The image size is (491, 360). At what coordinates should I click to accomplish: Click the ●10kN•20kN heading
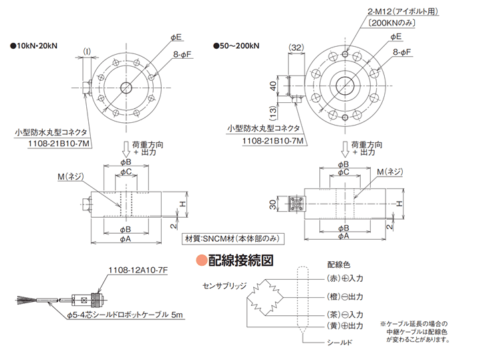[x=34, y=46]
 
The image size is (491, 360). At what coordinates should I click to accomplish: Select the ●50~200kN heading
[x=236, y=46]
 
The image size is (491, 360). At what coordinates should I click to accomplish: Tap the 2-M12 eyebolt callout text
[x=403, y=12]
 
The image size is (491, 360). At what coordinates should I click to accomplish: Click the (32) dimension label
[x=296, y=47]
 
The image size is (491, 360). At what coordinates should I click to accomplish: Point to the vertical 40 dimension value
[x=273, y=85]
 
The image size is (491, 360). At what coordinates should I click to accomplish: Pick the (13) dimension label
[x=273, y=113]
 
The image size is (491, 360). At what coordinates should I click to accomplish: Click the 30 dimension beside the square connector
[x=273, y=205]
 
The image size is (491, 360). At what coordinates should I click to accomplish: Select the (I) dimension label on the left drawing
[x=87, y=51]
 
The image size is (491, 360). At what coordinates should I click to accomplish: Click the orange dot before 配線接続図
[x=202, y=260]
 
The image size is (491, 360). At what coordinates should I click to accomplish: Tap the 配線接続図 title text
[x=240, y=260]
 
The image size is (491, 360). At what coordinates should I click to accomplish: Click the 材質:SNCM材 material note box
[x=232, y=239]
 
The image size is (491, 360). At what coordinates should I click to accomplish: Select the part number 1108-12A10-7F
[x=138, y=271]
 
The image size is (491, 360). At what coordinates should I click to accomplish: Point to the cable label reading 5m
[x=177, y=315]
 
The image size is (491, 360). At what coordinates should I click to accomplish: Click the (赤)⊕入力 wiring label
[x=345, y=279]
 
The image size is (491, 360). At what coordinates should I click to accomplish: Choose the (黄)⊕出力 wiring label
[x=345, y=326]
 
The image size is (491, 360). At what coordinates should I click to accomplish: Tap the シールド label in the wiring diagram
[x=339, y=343]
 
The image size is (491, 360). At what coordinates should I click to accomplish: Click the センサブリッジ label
[x=224, y=286]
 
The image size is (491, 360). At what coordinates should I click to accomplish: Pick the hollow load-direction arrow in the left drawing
[x=126, y=149]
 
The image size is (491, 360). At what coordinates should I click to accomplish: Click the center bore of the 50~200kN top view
[x=345, y=85]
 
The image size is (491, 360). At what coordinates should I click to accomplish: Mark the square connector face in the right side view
[x=295, y=204]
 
